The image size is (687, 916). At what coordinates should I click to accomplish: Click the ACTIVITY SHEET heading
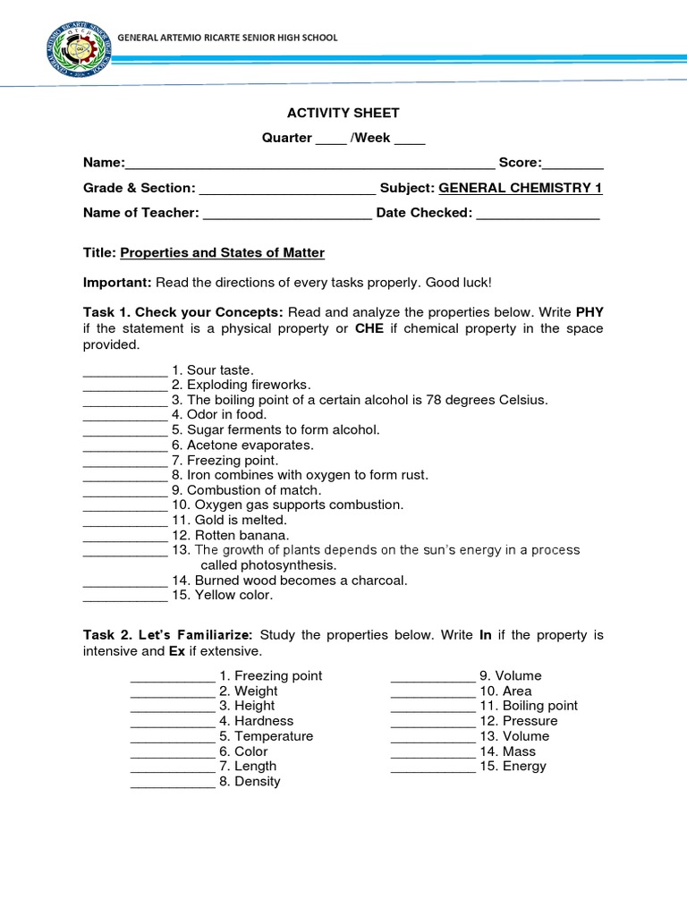pos(343,113)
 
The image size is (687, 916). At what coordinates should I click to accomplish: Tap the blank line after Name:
pos(310,164)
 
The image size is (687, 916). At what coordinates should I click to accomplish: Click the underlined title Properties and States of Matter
pos(222,253)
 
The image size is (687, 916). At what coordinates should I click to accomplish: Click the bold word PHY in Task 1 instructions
pos(589,312)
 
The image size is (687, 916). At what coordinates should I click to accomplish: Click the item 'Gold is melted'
pos(236,520)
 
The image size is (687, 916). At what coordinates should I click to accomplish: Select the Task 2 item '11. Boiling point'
pos(529,706)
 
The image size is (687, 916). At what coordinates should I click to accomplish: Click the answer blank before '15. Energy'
pos(433,768)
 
